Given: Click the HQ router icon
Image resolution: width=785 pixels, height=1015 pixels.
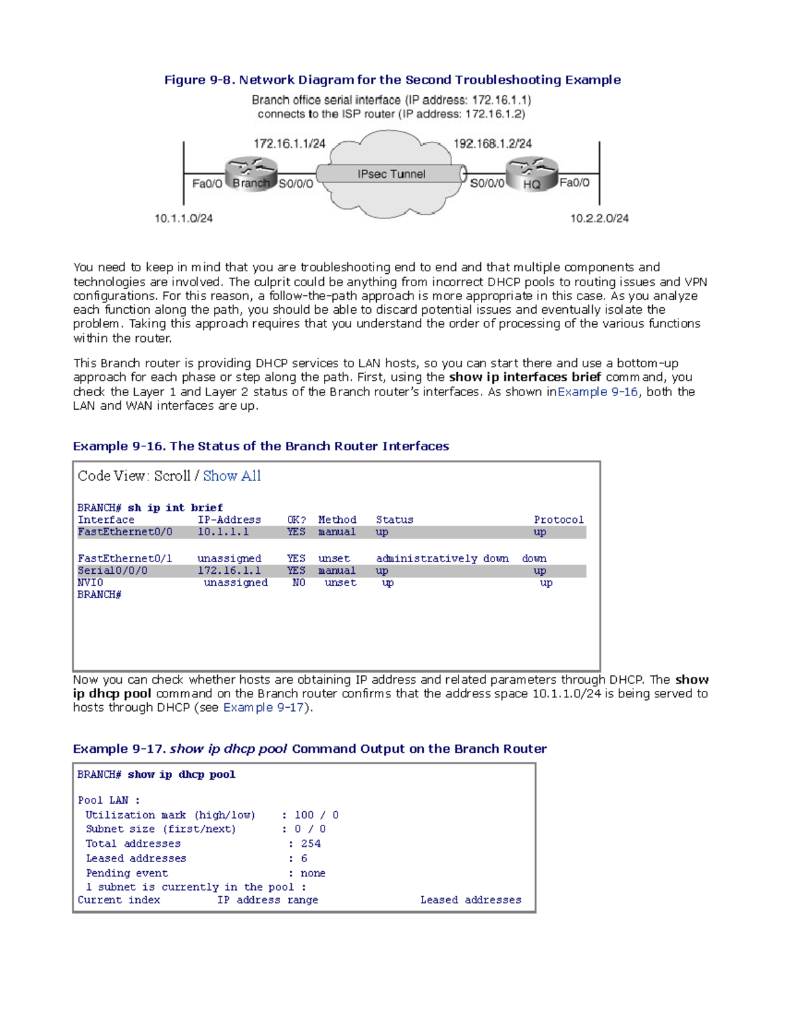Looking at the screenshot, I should [x=532, y=175].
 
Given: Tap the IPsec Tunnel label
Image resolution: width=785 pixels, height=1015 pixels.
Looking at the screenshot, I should [x=391, y=174].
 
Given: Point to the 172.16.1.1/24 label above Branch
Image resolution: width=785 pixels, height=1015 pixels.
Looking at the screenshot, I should [x=289, y=144].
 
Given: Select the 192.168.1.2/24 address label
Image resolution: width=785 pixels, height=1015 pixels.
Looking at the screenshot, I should [x=493, y=144].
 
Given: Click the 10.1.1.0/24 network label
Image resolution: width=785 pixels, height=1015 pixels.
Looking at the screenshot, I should [x=183, y=218].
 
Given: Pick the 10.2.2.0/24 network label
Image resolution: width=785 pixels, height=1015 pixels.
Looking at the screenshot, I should [x=599, y=218].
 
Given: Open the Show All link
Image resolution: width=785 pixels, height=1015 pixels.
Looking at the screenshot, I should [x=232, y=476].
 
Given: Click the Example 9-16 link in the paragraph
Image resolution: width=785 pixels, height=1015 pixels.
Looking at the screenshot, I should [x=597, y=391].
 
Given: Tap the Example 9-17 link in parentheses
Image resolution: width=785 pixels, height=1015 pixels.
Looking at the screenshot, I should [x=264, y=707].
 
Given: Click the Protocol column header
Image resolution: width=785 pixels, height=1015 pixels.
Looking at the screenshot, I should [x=559, y=520].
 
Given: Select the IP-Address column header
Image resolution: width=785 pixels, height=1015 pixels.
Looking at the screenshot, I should [x=229, y=520].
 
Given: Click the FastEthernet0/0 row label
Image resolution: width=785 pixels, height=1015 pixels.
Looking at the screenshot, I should [x=125, y=532].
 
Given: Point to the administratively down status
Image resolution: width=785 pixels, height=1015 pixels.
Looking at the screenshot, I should [x=442, y=558].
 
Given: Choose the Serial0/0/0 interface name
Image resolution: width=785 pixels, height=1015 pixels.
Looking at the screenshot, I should [x=113, y=571].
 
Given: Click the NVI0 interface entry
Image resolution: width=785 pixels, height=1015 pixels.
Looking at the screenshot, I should [x=90, y=582].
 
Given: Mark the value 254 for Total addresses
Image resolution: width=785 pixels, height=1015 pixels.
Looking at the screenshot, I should [x=310, y=844].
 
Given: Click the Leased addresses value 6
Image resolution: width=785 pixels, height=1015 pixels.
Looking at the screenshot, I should [x=304, y=858].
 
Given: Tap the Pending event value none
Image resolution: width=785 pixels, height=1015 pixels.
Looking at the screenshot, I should [x=313, y=873].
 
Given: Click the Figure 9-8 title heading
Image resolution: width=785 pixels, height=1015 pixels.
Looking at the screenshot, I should [x=392, y=80].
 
